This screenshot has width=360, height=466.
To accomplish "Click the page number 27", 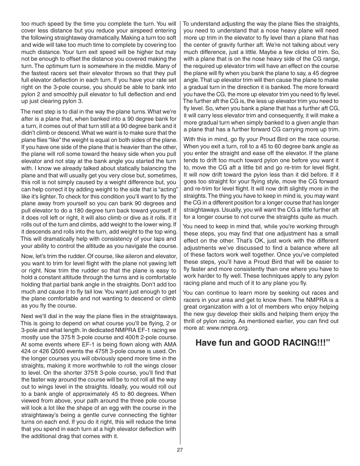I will click(x=180, y=450).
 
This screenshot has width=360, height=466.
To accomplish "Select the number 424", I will click(x=27, y=351).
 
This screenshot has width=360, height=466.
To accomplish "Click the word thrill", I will click(x=191, y=321).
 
